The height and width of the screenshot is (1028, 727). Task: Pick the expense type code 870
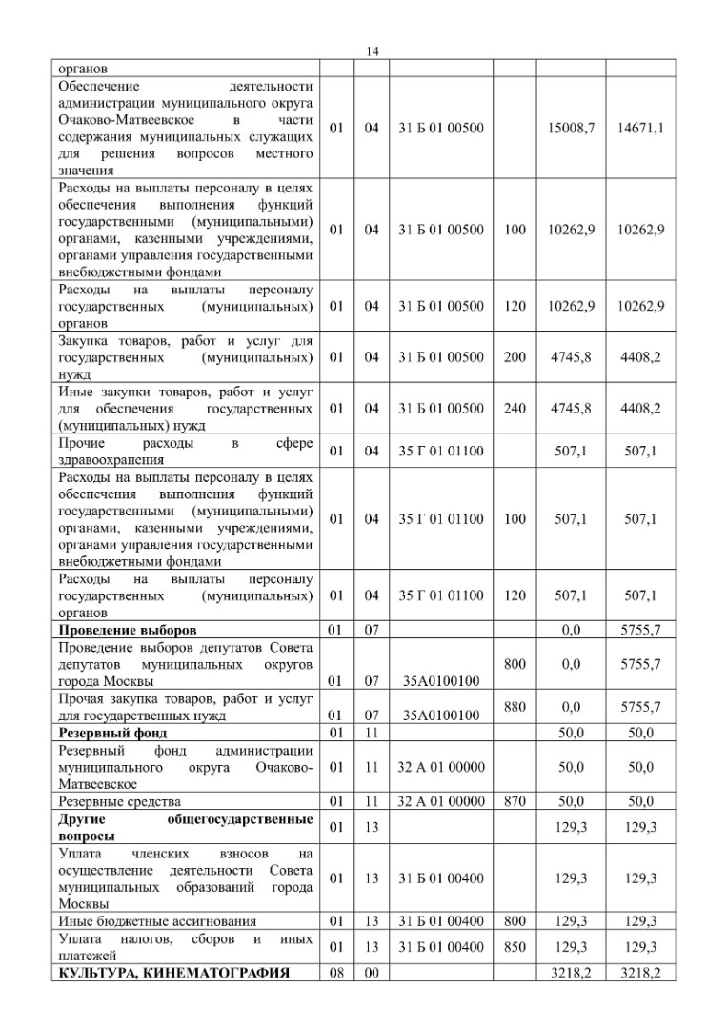(515, 801)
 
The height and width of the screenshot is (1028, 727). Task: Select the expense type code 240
(515, 409)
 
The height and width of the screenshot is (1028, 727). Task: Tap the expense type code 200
(515, 357)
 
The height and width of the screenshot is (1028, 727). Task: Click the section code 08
(334, 973)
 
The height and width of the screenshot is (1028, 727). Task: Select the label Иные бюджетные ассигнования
(157, 921)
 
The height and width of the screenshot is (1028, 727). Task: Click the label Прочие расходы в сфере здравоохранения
(186, 451)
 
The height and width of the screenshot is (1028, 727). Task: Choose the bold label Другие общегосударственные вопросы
(186, 827)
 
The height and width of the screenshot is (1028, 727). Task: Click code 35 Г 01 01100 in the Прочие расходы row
(441, 451)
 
